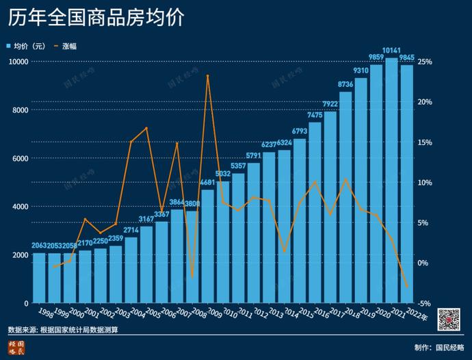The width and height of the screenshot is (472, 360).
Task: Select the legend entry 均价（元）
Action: click(29, 47)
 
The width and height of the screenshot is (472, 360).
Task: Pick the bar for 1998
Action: click(39, 277)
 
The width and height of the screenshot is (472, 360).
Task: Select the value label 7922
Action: click(330, 104)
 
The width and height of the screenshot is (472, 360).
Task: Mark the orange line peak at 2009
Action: click(207, 75)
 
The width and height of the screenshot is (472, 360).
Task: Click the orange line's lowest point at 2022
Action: click(407, 287)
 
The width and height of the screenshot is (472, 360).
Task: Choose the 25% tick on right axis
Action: click(424, 62)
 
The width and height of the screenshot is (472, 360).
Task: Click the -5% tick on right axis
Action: click(424, 303)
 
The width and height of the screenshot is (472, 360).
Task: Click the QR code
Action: click(449, 318)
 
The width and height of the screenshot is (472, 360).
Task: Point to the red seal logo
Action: click(16, 347)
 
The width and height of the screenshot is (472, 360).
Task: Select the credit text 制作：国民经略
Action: click(438, 347)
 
